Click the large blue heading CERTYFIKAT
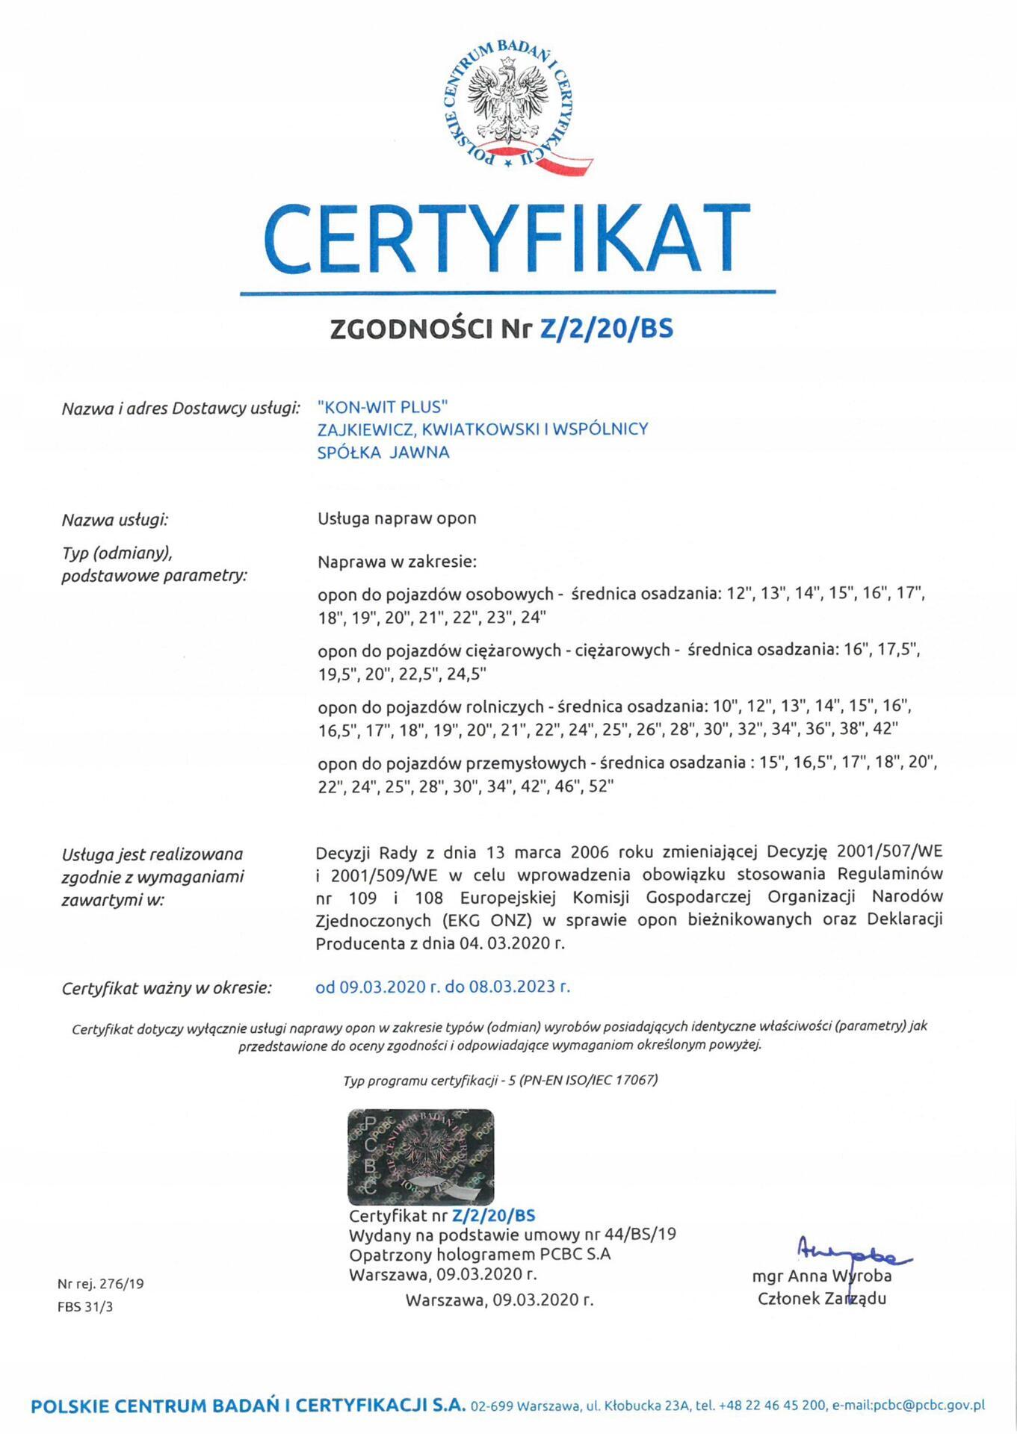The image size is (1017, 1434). [507, 239]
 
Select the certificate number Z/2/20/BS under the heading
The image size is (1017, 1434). [606, 329]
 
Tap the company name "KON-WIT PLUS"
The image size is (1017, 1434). [382, 406]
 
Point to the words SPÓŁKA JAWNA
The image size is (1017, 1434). [383, 452]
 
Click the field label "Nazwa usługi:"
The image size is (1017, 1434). [115, 520]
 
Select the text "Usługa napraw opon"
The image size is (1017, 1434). [397, 518]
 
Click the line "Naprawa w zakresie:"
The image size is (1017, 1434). [397, 562]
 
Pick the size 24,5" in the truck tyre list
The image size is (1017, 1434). [466, 674]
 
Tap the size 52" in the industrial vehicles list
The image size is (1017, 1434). [600, 786]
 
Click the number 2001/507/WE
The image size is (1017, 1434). [889, 851]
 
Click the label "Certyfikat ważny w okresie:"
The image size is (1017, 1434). [167, 988]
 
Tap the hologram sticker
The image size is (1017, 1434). [421, 1156]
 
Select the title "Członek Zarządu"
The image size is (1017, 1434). [822, 1298]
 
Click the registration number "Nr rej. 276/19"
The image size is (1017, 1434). [101, 1284]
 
